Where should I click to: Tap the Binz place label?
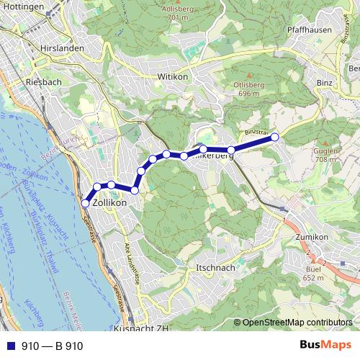point(323,83)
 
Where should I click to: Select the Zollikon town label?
point(110,204)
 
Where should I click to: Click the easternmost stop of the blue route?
point(274,137)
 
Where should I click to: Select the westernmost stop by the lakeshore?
point(85,204)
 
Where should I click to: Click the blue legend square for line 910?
point(9,346)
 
